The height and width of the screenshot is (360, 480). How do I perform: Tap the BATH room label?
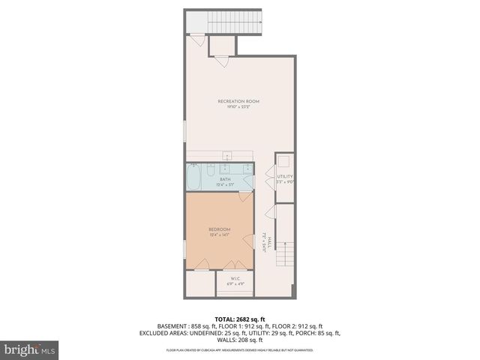coord(225,179)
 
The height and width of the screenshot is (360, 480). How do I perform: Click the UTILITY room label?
coord(284,176)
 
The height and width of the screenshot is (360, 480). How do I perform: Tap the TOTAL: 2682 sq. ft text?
coord(240,319)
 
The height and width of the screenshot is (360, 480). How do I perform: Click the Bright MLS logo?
coord(28,349)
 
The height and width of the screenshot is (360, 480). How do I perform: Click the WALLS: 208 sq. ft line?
coord(240,340)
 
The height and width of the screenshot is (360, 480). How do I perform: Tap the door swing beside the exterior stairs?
coord(196,42)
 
